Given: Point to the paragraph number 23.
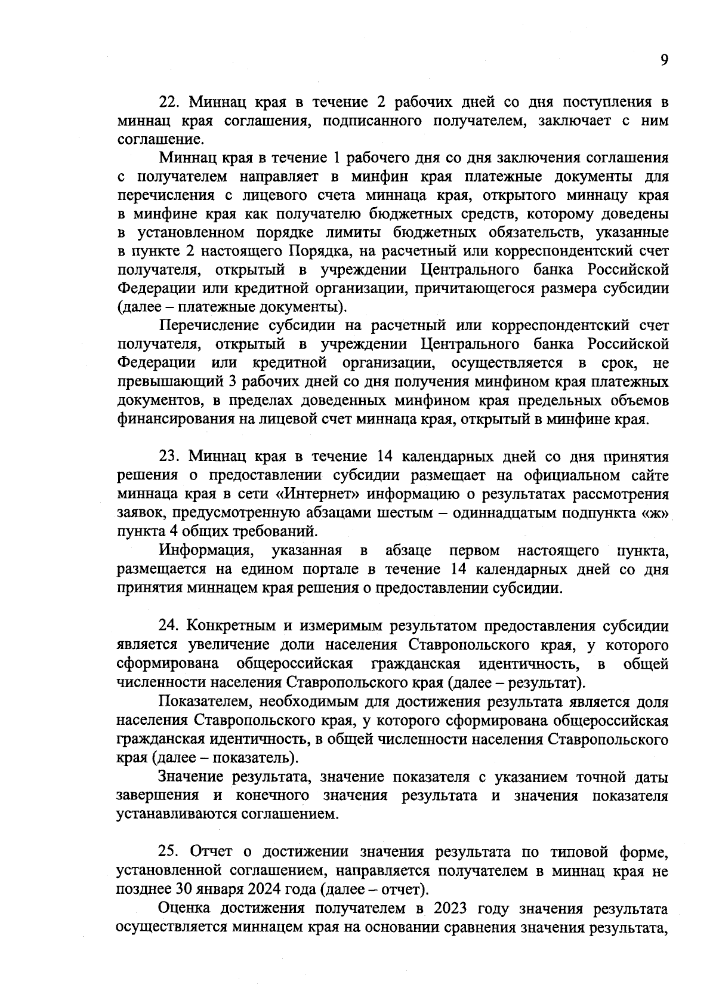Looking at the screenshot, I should coord(168,457).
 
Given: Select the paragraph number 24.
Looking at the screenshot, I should coord(168,626).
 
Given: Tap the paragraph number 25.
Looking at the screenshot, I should coord(168,852).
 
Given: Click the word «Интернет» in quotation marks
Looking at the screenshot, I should coord(317,494).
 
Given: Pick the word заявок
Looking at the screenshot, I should coord(142,513).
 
